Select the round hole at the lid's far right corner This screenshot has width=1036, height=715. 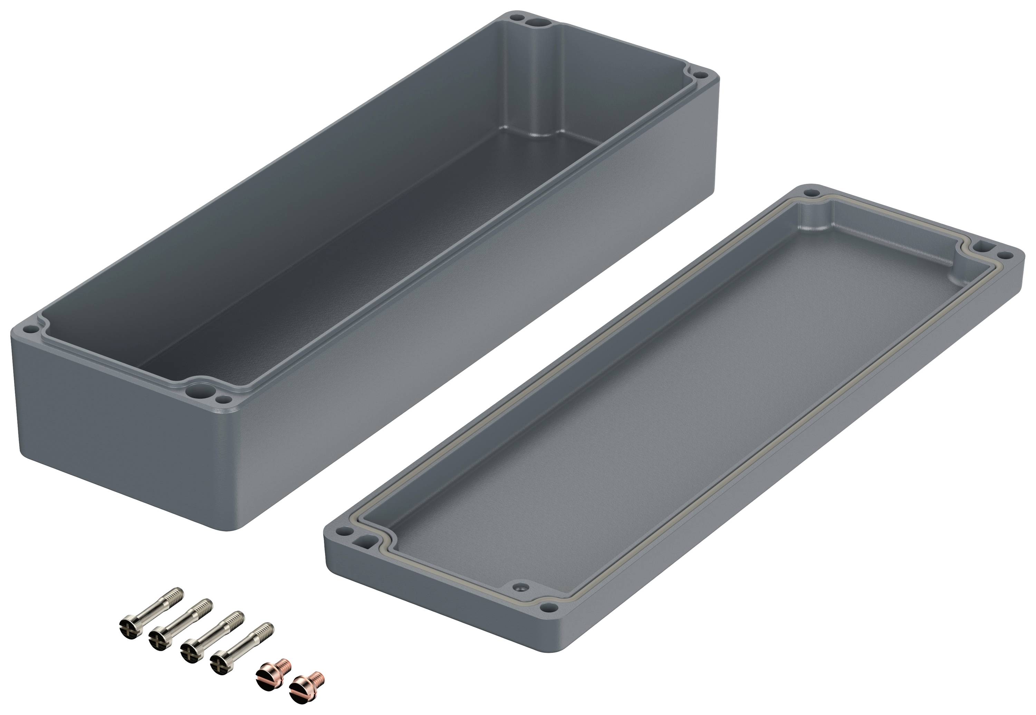[1006, 255]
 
